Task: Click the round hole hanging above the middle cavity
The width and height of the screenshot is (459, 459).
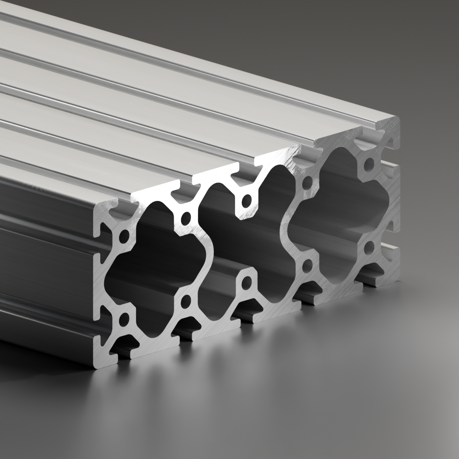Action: pos(246,200)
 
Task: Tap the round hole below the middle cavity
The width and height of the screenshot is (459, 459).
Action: pos(246,282)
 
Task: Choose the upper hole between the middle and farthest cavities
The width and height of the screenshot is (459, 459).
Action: pos(307,184)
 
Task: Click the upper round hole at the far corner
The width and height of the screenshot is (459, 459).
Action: pos(369,164)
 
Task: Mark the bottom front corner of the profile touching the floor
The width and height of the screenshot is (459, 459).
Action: pos(94,365)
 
